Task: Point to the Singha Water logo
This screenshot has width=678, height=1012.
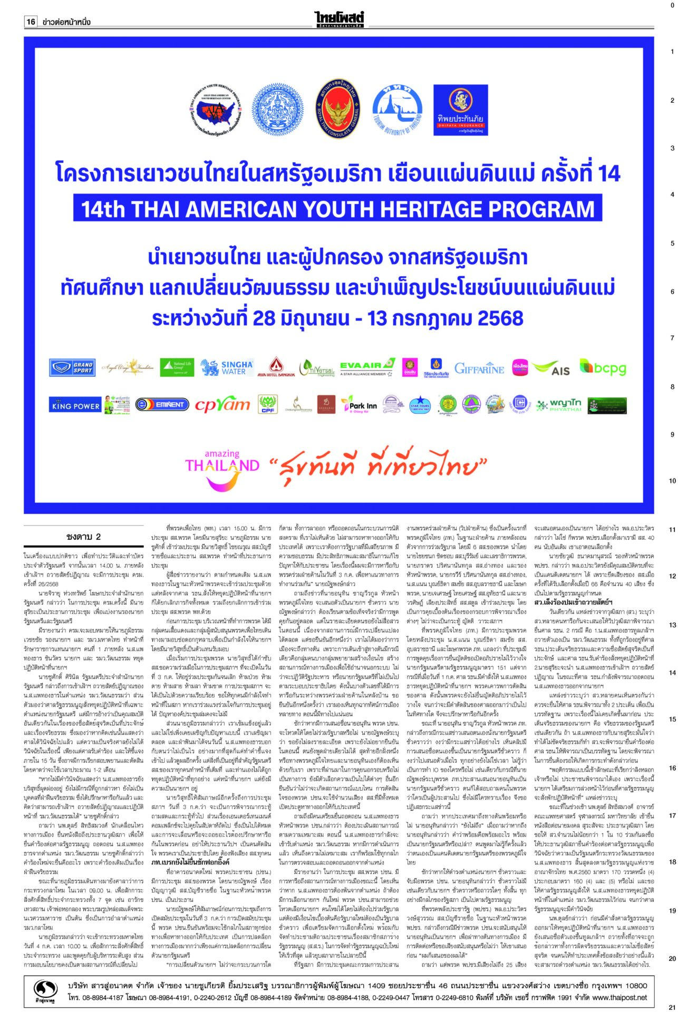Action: [x=227, y=367]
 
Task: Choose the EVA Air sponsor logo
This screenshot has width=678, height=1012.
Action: [x=367, y=368]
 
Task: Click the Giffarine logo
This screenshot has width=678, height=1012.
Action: [x=479, y=368]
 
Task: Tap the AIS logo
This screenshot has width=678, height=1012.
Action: [x=551, y=368]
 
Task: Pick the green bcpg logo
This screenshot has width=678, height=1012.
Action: [x=603, y=367]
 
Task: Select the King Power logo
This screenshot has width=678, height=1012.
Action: [x=75, y=405]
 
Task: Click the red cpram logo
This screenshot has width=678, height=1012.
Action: [x=222, y=405]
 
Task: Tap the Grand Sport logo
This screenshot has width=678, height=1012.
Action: [x=72, y=367]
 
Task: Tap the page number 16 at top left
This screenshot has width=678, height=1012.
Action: [x=31, y=22]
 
